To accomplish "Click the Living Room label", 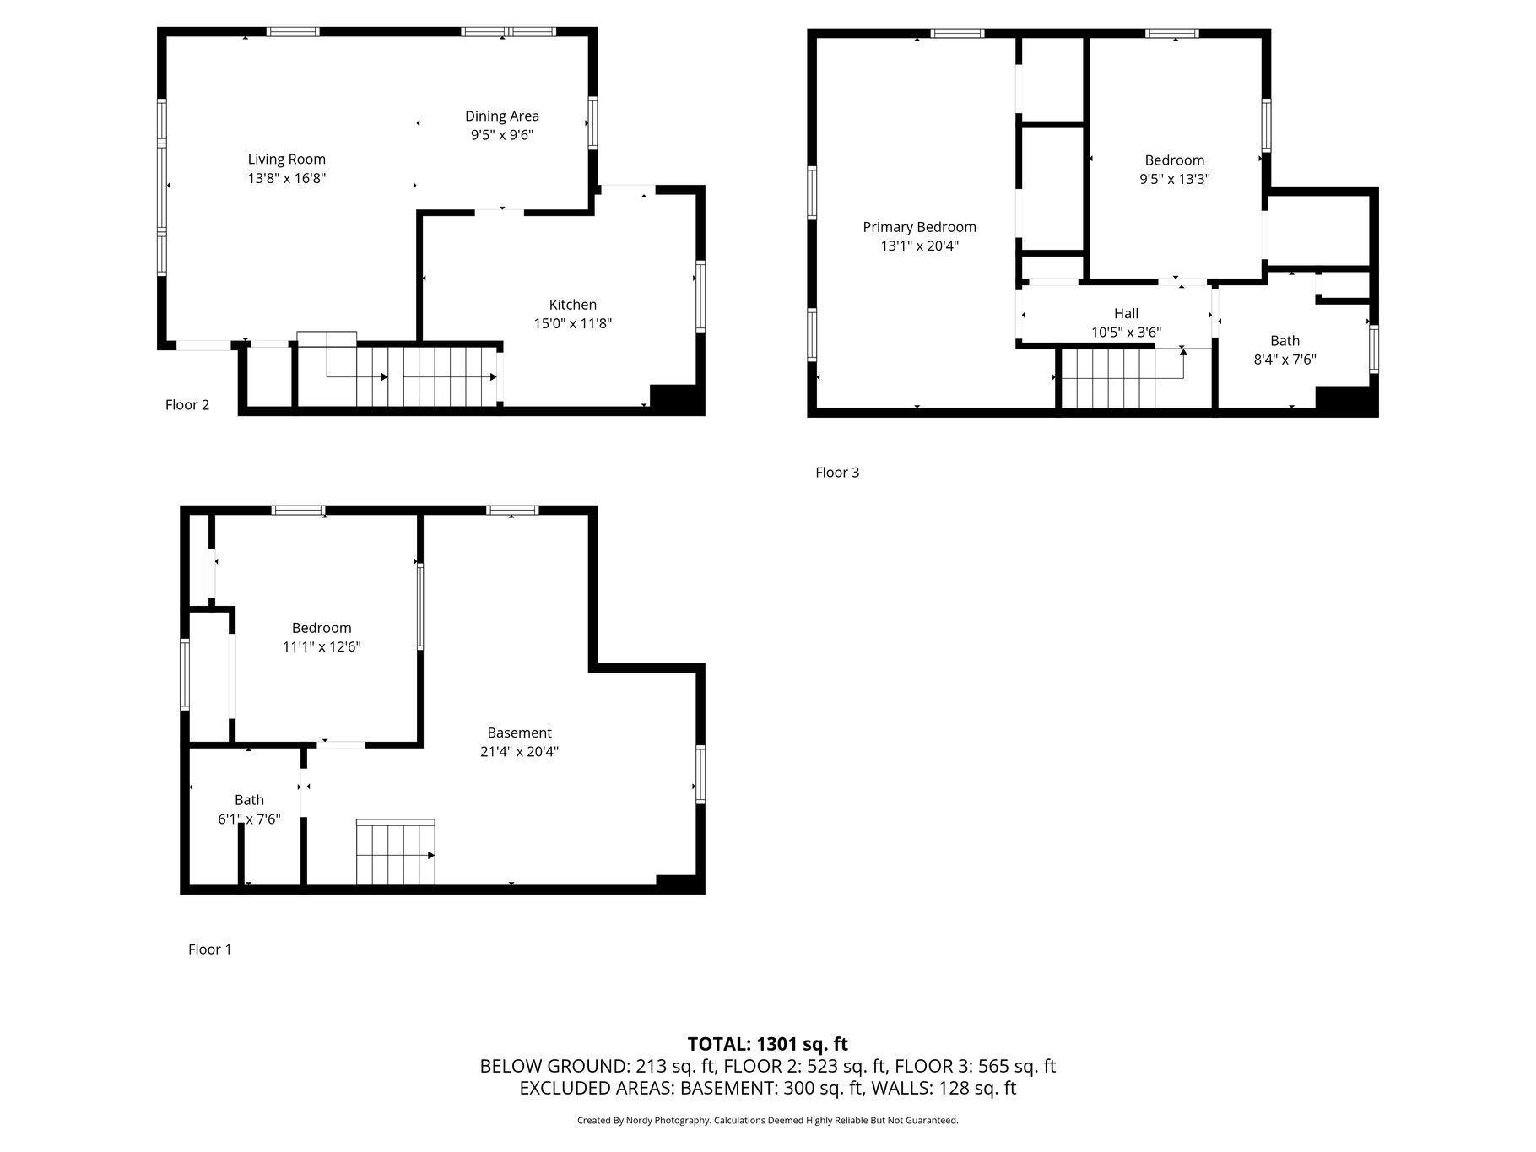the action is [x=286, y=160].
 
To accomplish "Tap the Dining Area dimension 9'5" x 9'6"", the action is [x=502, y=135].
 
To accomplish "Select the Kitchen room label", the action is [x=573, y=305].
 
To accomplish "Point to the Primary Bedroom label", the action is [x=919, y=227].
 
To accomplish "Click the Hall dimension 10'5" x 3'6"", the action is [x=1126, y=333].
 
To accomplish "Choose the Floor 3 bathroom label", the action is [x=1285, y=341].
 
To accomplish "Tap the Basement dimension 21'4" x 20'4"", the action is [x=519, y=752].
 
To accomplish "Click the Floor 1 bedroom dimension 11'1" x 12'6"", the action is [x=322, y=647].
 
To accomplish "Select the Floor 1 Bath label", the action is [x=249, y=800].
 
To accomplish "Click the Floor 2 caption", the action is [x=187, y=405].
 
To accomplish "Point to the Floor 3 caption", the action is [x=837, y=473].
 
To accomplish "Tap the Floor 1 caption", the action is [x=210, y=949].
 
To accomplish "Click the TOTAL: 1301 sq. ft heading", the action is [x=768, y=1045].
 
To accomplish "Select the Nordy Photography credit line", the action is [x=768, y=1121].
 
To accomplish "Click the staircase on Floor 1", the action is [x=395, y=852].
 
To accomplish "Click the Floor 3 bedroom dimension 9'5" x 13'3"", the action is [x=1175, y=179].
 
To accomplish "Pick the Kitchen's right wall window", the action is [x=700, y=296].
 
